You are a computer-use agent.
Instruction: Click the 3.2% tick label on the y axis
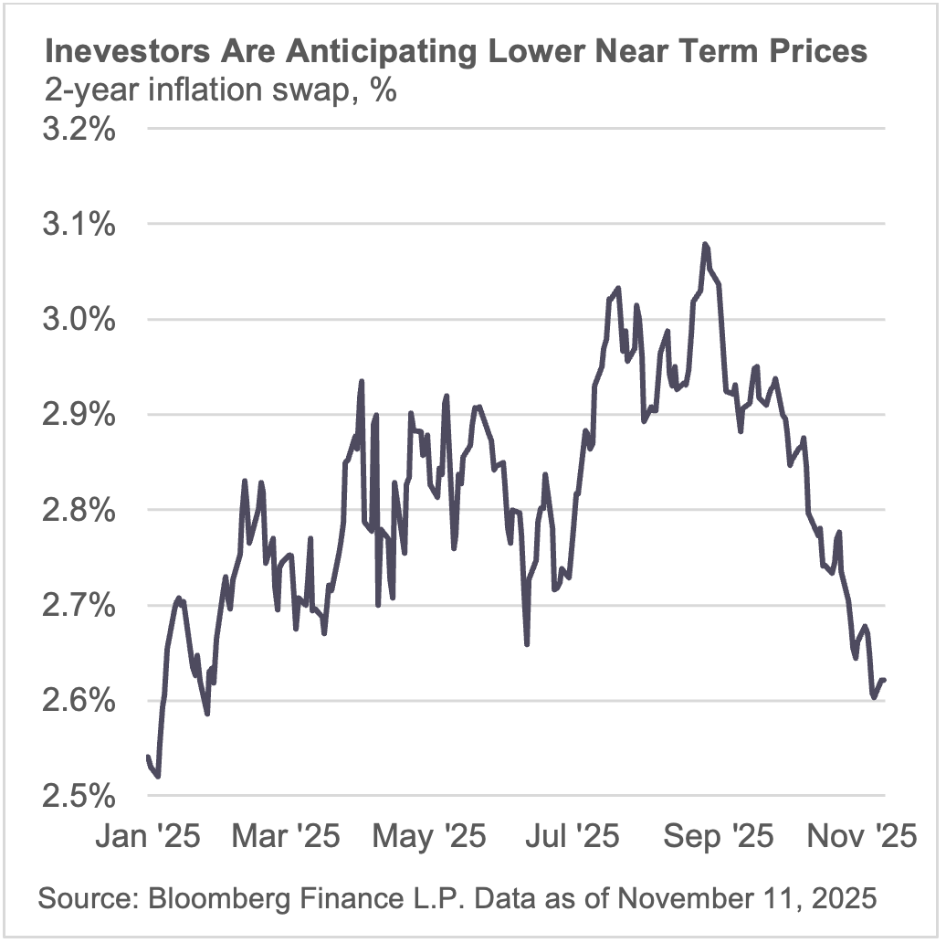click(79, 129)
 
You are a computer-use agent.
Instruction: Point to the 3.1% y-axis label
click(79, 224)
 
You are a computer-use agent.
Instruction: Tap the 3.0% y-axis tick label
click(79, 320)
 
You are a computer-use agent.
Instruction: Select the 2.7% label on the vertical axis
click(79, 606)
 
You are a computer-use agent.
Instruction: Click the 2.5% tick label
click(79, 796)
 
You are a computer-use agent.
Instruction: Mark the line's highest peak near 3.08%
click(705, 244)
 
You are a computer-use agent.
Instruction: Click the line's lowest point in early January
click(158, 777)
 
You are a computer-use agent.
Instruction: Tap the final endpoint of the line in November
click(885, 679)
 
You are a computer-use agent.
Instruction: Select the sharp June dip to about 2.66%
click(527, 644)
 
